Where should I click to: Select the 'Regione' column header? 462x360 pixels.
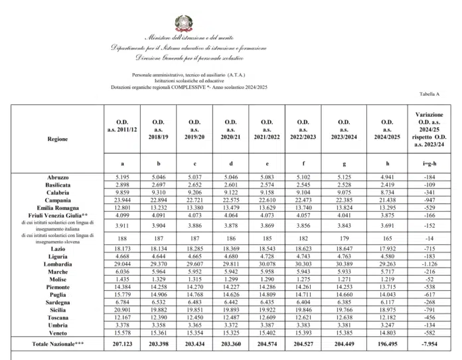pos(57,139)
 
